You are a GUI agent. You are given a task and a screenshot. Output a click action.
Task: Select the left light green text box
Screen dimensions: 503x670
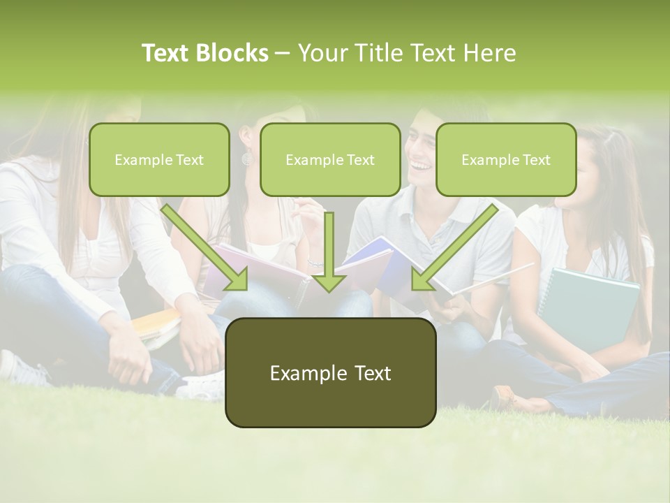(x=159, y=159)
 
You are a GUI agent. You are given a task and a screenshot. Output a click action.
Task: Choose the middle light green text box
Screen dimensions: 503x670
(x=330, y=159)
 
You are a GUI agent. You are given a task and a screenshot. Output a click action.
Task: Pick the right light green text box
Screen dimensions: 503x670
(x=506, y=159)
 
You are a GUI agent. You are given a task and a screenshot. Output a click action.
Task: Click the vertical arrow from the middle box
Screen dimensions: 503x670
(x=329, y=251)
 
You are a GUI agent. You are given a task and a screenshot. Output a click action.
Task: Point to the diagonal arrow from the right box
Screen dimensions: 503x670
(x=454, y=247)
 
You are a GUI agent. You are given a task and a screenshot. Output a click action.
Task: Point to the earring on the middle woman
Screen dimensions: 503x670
(x=246, y=160)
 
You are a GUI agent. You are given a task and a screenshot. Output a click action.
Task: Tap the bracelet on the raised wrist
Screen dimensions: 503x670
(x=315, y=264)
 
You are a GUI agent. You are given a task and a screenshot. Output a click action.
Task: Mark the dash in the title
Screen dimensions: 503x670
(x=283, y=54)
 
